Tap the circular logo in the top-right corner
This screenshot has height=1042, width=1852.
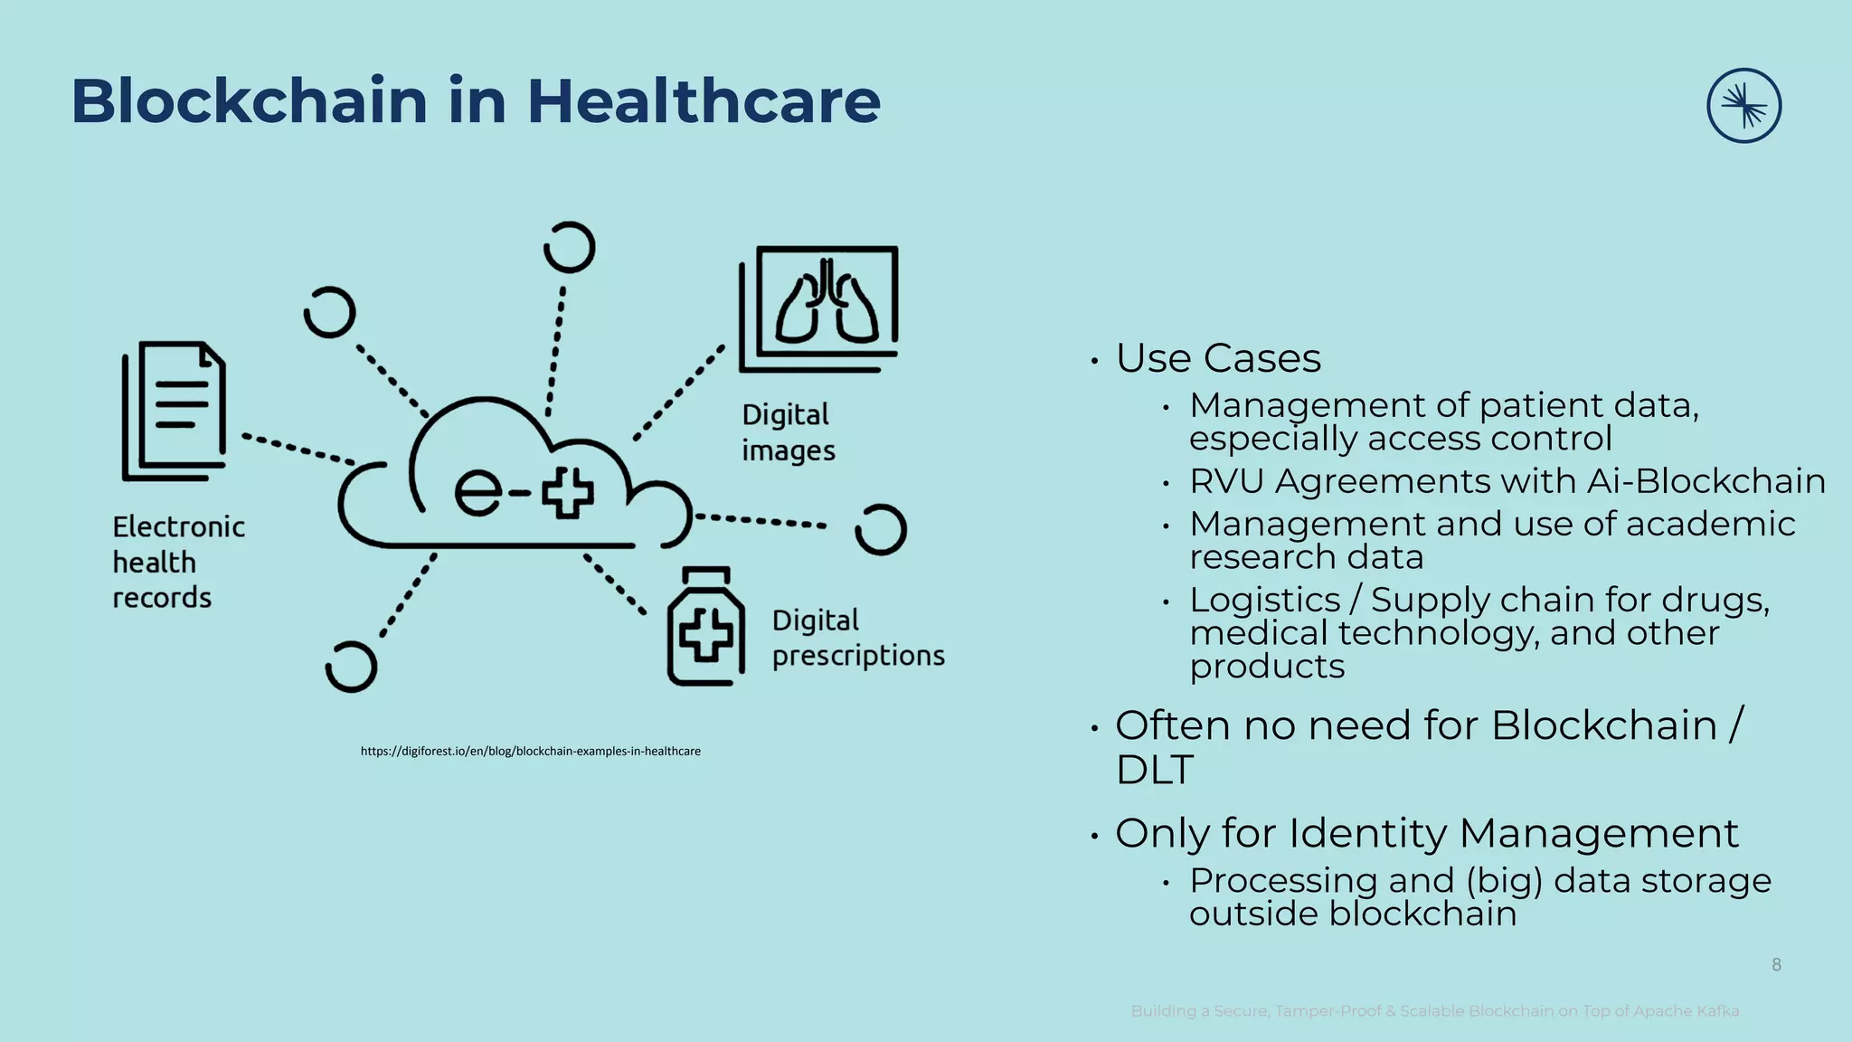point(1743,106)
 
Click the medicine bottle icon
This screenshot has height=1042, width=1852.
point(706,627)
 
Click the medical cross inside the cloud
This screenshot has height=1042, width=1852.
point(568,493)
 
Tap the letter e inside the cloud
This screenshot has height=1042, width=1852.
point(478,493)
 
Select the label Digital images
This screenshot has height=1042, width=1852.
point(788,432)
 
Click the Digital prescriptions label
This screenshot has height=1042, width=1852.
point(857,638)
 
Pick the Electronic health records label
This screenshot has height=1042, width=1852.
point(178,562)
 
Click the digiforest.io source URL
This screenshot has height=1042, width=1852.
point(531,751)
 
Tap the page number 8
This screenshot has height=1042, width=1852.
point(1776,965)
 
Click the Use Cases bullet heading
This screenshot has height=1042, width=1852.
point(1217,358)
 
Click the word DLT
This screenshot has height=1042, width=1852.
point(1154,770)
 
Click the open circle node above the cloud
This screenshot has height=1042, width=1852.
point(570,247)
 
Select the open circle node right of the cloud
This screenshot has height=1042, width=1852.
point(880,529)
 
